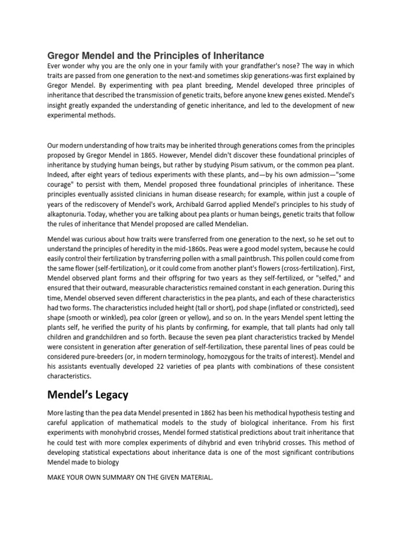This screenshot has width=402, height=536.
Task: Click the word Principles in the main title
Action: click(x=168, y=55)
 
